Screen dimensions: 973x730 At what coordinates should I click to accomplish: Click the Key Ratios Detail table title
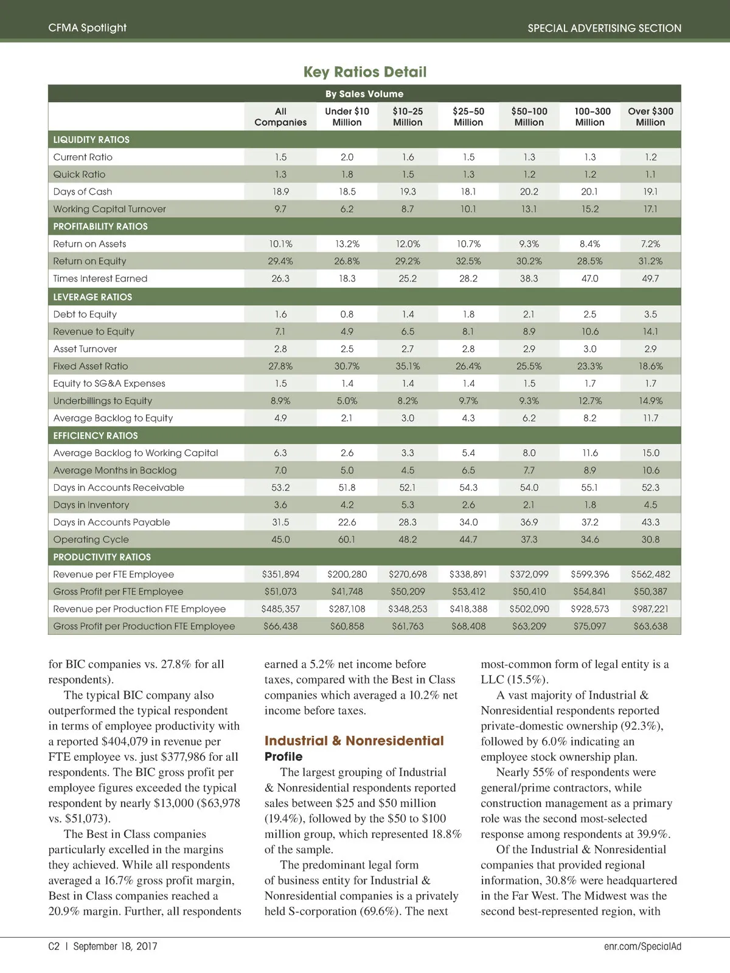click(365, 72)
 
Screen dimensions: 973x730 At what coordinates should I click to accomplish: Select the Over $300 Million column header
click(650, 117)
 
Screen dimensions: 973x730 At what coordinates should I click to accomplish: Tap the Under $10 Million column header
click(347, 117)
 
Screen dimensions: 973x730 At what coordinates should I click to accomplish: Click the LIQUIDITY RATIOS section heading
click(91, 140)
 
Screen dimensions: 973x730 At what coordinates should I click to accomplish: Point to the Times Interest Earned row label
click(100, 279)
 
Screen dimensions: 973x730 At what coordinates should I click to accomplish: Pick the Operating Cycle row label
click(91, 539)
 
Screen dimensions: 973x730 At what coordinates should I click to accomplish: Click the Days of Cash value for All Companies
click(280, 192)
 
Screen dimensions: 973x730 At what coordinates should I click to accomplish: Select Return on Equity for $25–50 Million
click(468, 261)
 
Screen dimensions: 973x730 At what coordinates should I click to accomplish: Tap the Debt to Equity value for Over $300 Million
click(650, 314)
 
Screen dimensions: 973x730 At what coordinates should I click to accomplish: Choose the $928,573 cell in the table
click(589, 609)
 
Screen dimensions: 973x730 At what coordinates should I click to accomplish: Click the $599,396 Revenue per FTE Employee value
click(589, 574)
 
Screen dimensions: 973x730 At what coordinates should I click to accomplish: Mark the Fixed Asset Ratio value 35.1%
click(408, 366)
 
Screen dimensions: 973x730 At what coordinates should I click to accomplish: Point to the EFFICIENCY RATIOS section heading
click(96, 436)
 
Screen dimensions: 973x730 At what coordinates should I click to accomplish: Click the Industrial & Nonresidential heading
click(354, 741)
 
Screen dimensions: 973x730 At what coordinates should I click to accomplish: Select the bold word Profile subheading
click(283, 757)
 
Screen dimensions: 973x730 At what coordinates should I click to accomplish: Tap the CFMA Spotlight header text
click(88, 28)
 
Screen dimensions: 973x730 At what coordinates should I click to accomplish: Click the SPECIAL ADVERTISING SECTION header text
click(604, 28)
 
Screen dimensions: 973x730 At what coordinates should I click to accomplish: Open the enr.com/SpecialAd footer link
click(642, 946)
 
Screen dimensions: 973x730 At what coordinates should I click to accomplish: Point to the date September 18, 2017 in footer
click(115, 946)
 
